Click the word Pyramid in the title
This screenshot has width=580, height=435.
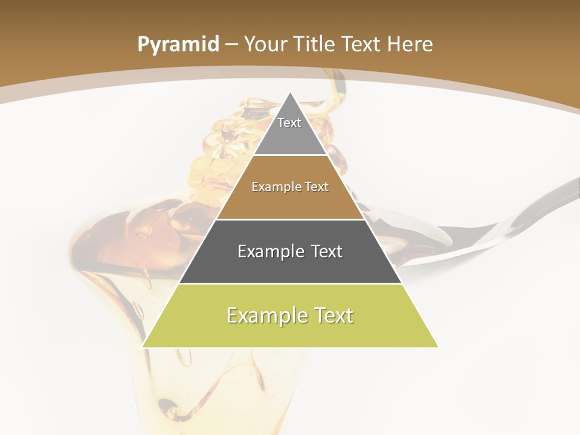pos(178,44)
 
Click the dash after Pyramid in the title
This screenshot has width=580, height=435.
pos(231,45)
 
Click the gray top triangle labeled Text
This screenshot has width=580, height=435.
pos(290,130)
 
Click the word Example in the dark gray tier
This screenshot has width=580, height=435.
pos(265,251)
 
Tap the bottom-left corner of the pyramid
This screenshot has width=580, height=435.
pos(143,347)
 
